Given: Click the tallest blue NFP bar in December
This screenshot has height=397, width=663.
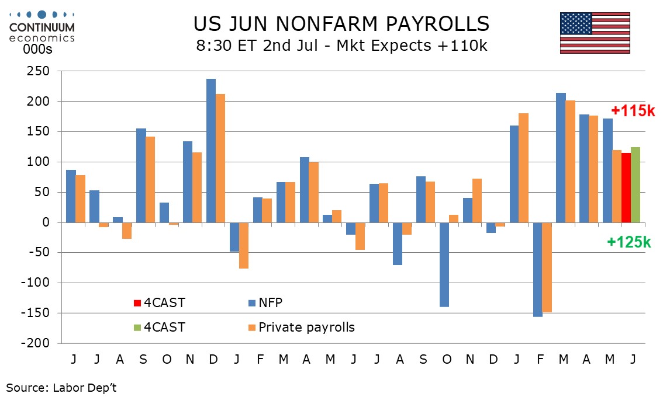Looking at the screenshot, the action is [211, 151].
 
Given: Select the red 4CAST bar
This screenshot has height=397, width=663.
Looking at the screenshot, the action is [626, 187].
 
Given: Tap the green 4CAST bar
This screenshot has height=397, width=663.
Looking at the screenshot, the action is [636, 184].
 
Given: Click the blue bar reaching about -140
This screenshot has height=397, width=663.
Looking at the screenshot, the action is [444, 265].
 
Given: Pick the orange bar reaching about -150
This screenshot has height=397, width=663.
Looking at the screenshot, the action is [547, 267].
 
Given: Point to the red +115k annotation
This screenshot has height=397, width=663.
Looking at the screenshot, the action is [633, 111].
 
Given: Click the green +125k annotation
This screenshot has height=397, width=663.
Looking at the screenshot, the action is [629, 242].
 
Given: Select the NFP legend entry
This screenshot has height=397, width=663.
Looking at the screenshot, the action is [265, 303].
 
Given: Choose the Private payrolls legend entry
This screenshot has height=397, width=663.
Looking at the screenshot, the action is [302, 328].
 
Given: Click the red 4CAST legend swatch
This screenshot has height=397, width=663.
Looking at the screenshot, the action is [137, 303].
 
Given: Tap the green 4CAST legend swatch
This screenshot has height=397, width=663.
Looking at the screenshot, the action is [137, 328].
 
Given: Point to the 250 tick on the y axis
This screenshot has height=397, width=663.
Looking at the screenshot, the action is [38, 71].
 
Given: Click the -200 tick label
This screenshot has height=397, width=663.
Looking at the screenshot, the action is [35, 343].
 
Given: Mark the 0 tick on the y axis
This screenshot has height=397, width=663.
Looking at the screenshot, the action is [46, 222].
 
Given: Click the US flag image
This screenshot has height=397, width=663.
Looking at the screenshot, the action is [595, 33].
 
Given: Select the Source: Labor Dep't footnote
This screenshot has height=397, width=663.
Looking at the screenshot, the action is [61, 388].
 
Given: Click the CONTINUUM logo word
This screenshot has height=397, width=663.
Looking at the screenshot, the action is [42, 27].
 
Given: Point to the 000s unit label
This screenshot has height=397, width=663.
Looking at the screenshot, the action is [37, 50].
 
